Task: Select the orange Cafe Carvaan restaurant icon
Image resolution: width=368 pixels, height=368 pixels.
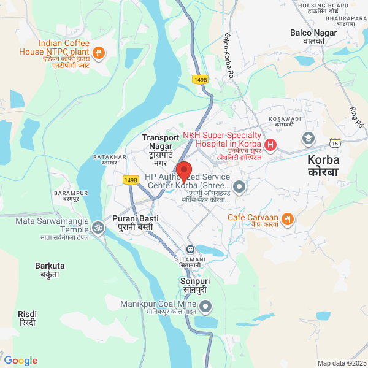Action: tap(288, 218)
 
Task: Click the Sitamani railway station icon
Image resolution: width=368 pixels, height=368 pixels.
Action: tap(190, 250)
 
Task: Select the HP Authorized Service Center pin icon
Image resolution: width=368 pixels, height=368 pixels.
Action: tap(239, 186)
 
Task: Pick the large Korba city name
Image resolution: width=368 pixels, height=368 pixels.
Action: tap(323, 165)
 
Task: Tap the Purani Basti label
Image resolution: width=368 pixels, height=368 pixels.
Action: tap(135, 223)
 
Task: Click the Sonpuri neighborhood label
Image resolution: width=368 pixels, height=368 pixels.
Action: tap(194, 285)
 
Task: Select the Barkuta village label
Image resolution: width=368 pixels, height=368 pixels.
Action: tap(50, 269)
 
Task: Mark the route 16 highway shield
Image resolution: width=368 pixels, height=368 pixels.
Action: tap(335, 142)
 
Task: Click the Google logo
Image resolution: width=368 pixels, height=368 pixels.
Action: tap(20, 361)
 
